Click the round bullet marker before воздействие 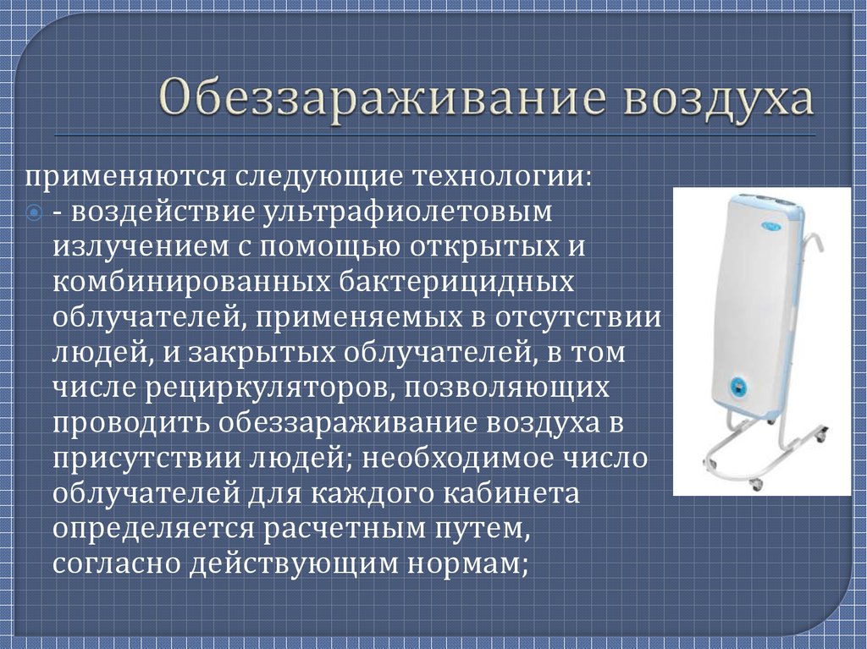34,212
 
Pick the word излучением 141,246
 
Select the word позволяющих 507,388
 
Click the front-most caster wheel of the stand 754,486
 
